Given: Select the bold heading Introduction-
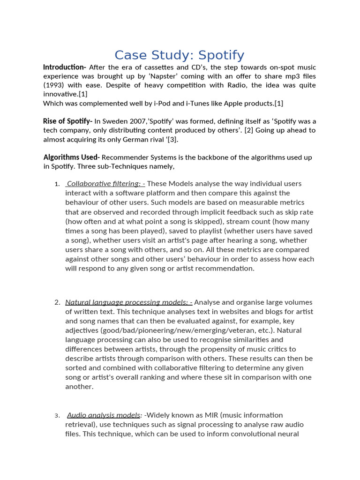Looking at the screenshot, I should (65, 67).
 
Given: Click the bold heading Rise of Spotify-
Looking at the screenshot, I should (67, 121).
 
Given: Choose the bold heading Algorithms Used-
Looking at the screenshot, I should (71, 157).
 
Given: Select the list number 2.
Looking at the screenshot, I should (57, 302).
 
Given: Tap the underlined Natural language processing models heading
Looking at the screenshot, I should (128, 302).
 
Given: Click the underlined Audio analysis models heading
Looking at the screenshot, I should (104, 415).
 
